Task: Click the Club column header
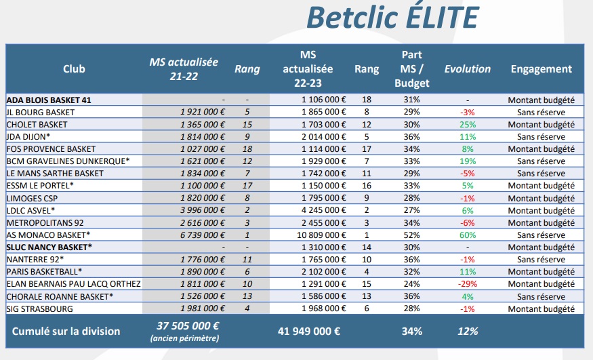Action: click(x=74, y=68)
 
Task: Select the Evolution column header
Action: click(x=467, y=68)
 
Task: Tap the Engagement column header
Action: click(x=541, y=68)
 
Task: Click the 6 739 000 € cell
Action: click(x=203, y=235)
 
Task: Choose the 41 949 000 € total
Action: click(x=309, y=332)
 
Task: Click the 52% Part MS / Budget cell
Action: click(x=411, y=235)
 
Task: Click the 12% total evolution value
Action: click(x=467, y=332)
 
